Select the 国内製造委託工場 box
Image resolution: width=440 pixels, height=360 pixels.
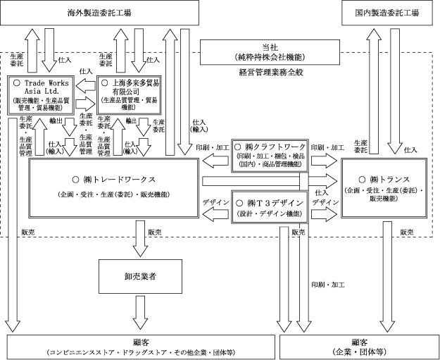pos(386,13)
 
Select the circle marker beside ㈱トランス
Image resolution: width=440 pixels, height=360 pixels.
pos(358,178)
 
